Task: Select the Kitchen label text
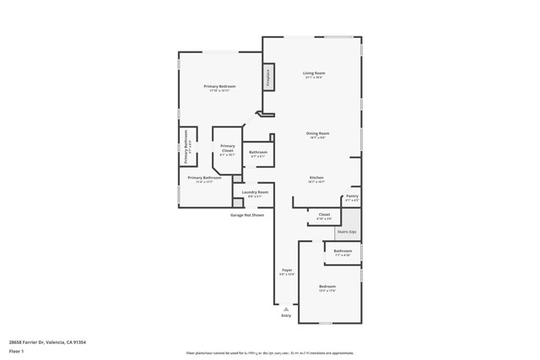click(x=316, y=178)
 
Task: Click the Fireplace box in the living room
click(x=268, y=77)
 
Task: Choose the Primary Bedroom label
click(x=219, y=87)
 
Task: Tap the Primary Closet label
click(x=228, y=148)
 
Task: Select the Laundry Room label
click(x=255, y=193)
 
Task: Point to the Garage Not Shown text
click(x=247, y=215)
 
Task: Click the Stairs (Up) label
click(x=347, y=231)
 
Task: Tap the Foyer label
click(x=287, y=271)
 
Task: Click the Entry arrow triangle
click(x=286, y=309)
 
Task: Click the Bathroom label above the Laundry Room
click(x=257, y=153)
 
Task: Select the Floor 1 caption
click(x=16, y=351)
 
